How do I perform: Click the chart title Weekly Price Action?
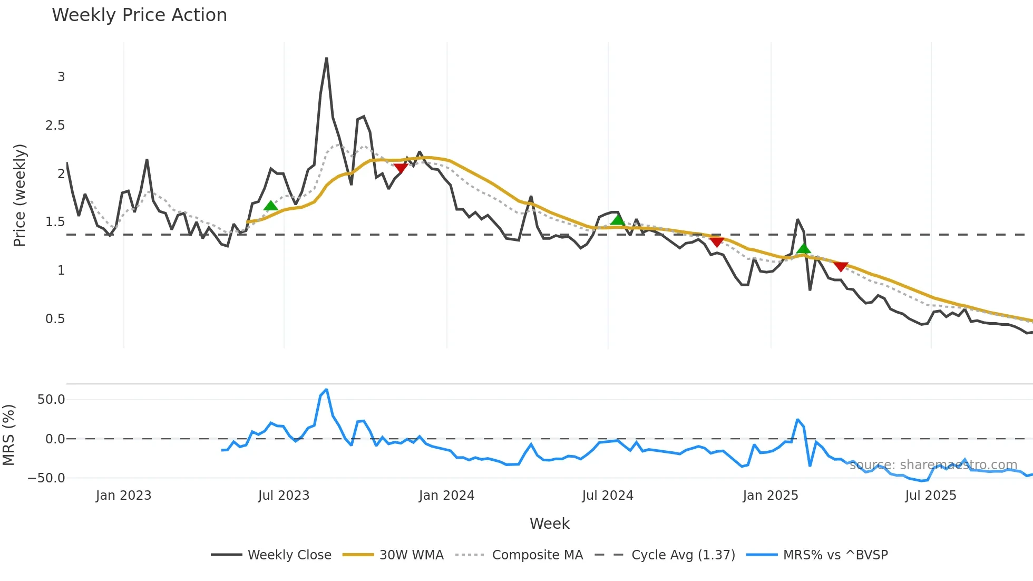click(139, 15)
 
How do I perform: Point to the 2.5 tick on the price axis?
click(55, 125)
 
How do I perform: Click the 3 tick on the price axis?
click(61, 77)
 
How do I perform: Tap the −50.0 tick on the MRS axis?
click(46, 478)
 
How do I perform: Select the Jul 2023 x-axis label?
click(284, 496)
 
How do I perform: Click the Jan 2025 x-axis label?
click(770, 496)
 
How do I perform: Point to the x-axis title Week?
click(549, 524)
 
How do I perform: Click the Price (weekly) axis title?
click(20, 195)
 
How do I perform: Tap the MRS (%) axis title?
click(9, 435)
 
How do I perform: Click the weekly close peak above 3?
click(326, 59)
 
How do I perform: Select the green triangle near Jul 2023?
click(270, 206)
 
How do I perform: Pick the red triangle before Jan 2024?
click(401, 168)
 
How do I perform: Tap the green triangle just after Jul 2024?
click(617, 219)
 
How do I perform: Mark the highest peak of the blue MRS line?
click(326, 390)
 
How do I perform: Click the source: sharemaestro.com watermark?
click(933, 465)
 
